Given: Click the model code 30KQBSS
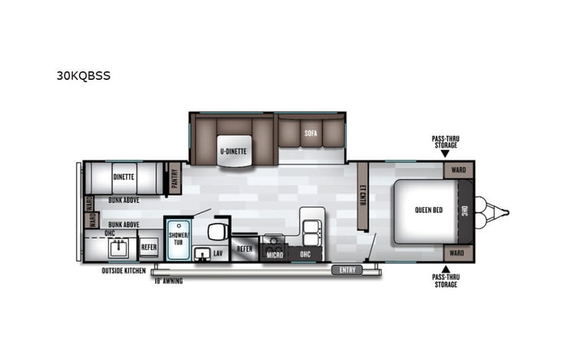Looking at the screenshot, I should coord(83,76).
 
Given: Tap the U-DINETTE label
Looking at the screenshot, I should coord(233,151).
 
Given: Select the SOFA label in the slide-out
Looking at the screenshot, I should coord(310,133).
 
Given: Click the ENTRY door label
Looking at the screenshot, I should coord(346,269).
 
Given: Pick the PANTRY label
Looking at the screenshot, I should coord(174,178).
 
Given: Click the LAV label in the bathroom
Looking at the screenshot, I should coord(218,253).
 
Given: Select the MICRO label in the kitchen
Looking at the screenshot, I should coord(274,253).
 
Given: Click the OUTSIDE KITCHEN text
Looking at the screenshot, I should coord(124,271).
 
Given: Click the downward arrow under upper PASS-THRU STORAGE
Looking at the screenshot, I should coord(445,154).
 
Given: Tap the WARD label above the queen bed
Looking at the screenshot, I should coord(457,170).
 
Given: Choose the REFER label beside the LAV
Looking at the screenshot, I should coord(244,249).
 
